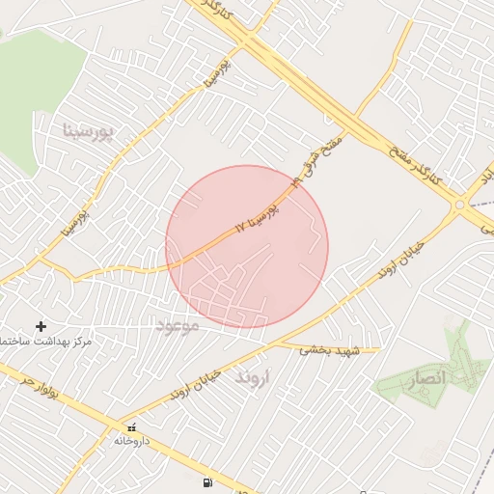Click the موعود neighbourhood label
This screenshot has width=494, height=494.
(x=177, y=327)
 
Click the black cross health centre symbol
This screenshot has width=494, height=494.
(x=41, y=326)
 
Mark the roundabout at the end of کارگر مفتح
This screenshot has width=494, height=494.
(x=460, y=204)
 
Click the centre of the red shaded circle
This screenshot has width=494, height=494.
(x=247, y=247)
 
